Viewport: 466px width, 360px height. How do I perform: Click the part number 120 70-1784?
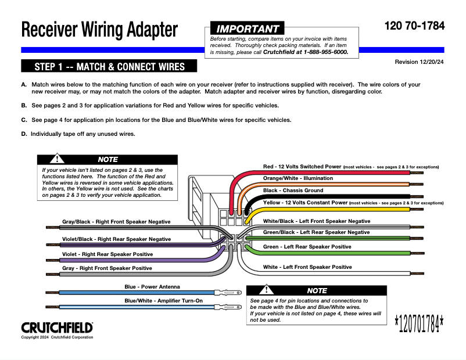[414, 26]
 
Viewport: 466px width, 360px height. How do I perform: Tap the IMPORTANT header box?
[248, 28]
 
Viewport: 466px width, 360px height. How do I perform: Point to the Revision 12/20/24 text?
[419, 62]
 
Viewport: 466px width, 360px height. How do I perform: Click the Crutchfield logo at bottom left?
[57, 327]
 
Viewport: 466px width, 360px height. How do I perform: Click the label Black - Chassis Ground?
[293, 190]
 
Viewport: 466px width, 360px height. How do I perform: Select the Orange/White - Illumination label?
[298, 178]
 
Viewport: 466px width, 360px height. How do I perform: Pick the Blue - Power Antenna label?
[152, 287]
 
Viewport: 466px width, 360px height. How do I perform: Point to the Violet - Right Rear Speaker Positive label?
[107, 254]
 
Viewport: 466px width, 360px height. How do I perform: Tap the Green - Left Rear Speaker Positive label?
[307, 247]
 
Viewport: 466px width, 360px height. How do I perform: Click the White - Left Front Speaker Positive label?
[307, 267]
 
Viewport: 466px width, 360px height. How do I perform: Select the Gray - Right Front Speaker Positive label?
[107, 268]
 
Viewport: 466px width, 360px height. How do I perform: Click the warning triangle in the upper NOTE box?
[58, 158]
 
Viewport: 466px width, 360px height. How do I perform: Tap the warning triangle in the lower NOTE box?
[267, 289]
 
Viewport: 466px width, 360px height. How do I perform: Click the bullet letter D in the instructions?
[24, 134]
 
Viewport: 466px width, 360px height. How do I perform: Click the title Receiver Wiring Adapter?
[99, 29]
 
